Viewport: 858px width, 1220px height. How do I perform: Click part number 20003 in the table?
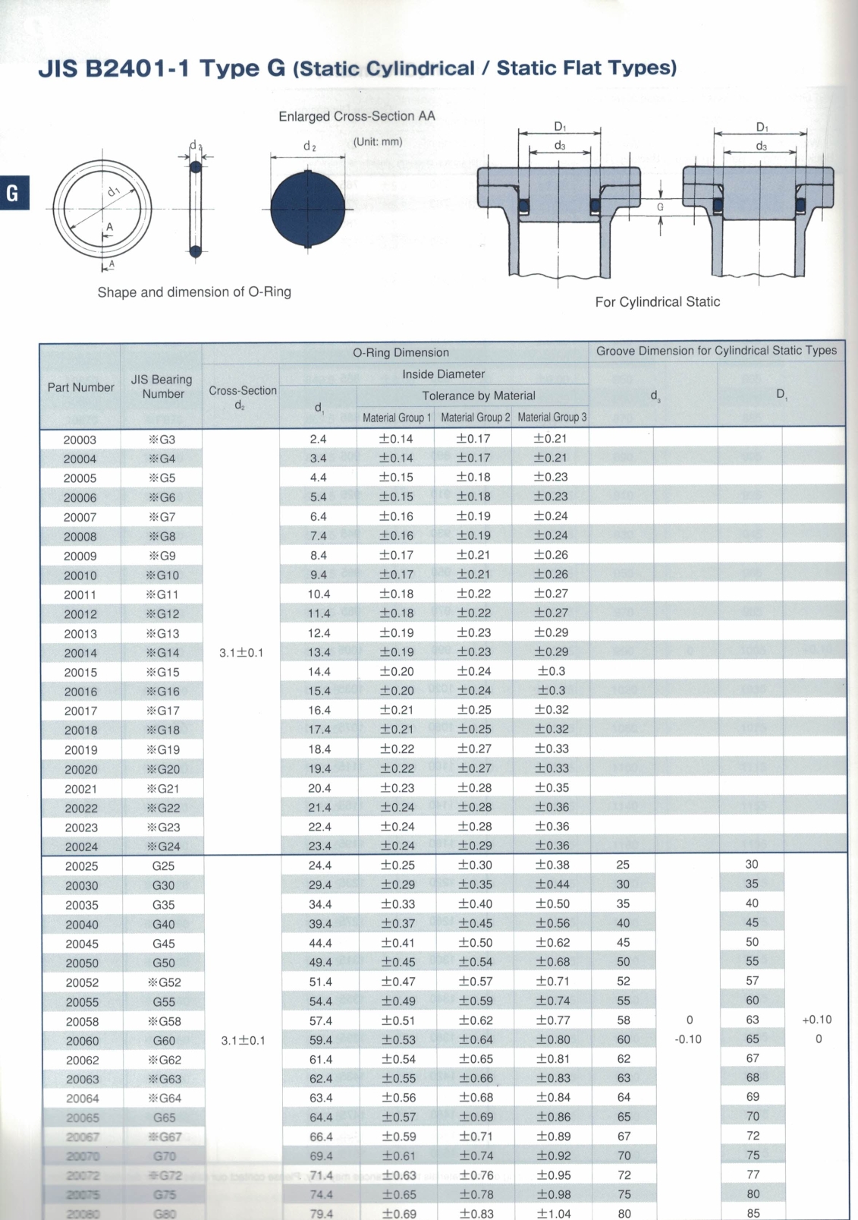tap(80, 440)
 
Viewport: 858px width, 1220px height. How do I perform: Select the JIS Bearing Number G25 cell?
tap(163, 866)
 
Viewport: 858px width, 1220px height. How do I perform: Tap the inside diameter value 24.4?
tap(319, 865)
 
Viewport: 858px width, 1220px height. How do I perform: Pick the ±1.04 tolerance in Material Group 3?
tap(554, 1213)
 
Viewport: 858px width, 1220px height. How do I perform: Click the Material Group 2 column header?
tap(475, 418)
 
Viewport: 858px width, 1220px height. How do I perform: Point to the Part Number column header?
tap(80, 387)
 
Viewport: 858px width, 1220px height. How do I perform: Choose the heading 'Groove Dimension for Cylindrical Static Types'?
tap(716, 351)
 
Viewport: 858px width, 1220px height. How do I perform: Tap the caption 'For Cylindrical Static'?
tap(657, 302)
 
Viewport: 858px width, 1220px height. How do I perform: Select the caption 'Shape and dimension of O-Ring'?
tap(194, 292)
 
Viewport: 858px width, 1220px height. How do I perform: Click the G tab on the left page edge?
tap(13, 193)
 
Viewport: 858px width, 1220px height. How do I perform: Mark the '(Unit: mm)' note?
tap(378, 142)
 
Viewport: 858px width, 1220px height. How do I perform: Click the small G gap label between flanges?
tap(660, 206)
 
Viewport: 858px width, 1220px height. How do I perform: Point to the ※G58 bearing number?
tap(164, 1021)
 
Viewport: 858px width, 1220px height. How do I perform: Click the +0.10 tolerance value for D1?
tap(816, 1020)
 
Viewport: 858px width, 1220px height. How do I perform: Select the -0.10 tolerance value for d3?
tap(688, 1039)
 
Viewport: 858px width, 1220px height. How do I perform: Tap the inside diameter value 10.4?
tap(319, 594)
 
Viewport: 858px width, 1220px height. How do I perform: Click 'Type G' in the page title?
tap(242, 68)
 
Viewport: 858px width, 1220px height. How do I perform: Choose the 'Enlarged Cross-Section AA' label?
tap(357, 116)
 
